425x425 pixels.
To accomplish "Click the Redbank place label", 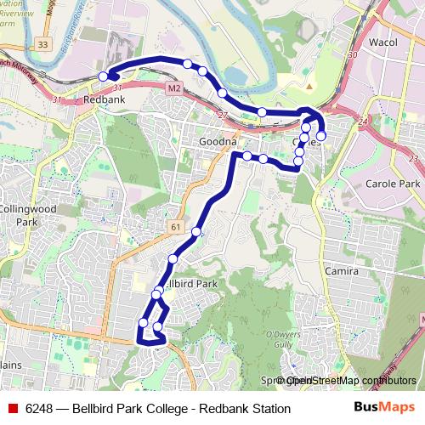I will click(105, 99).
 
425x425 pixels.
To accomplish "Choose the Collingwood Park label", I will click(27, 214).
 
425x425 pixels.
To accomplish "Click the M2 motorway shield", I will click(174, 87).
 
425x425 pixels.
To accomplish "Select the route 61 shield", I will click(175, 227).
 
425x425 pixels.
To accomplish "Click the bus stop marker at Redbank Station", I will click(103, 76).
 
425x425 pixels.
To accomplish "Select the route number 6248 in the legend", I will click(39, 408).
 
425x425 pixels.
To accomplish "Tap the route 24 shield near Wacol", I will click(363, 122).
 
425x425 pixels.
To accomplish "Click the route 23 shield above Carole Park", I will click(413, 159).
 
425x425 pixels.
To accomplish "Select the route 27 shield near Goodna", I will click(224, 115).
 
